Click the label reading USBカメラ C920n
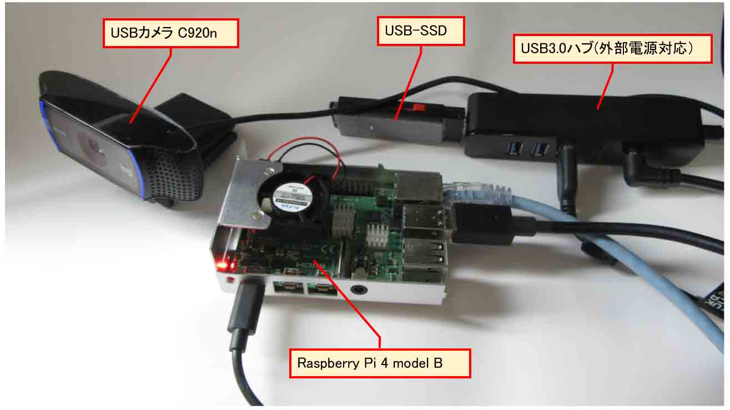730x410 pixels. (171, 33)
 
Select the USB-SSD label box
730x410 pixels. (420, 31)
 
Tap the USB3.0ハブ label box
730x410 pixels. (612, 49)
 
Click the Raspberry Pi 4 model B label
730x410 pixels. (380, 364)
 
